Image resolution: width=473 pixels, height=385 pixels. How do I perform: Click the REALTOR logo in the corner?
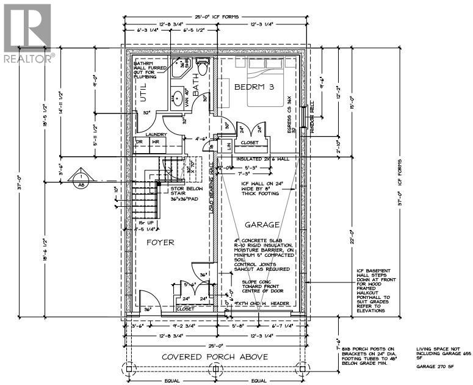click(28, 33)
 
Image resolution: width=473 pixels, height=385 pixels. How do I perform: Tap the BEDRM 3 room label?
click(255, 88)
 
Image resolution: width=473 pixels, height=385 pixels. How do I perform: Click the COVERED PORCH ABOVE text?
click(215, 356)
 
